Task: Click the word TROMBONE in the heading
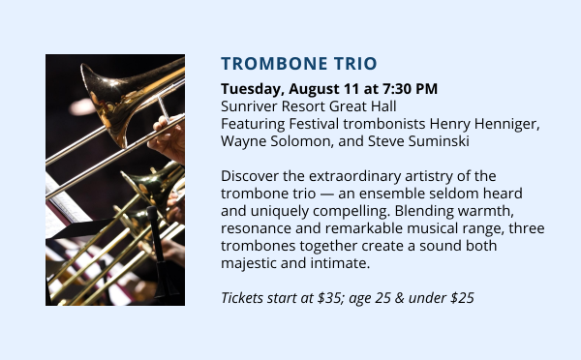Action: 274,63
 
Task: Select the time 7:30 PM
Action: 410,88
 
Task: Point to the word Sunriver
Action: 249,106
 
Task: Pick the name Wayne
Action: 243,141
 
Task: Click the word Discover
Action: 250,176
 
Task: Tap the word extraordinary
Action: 355,177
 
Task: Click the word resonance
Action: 256,229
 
